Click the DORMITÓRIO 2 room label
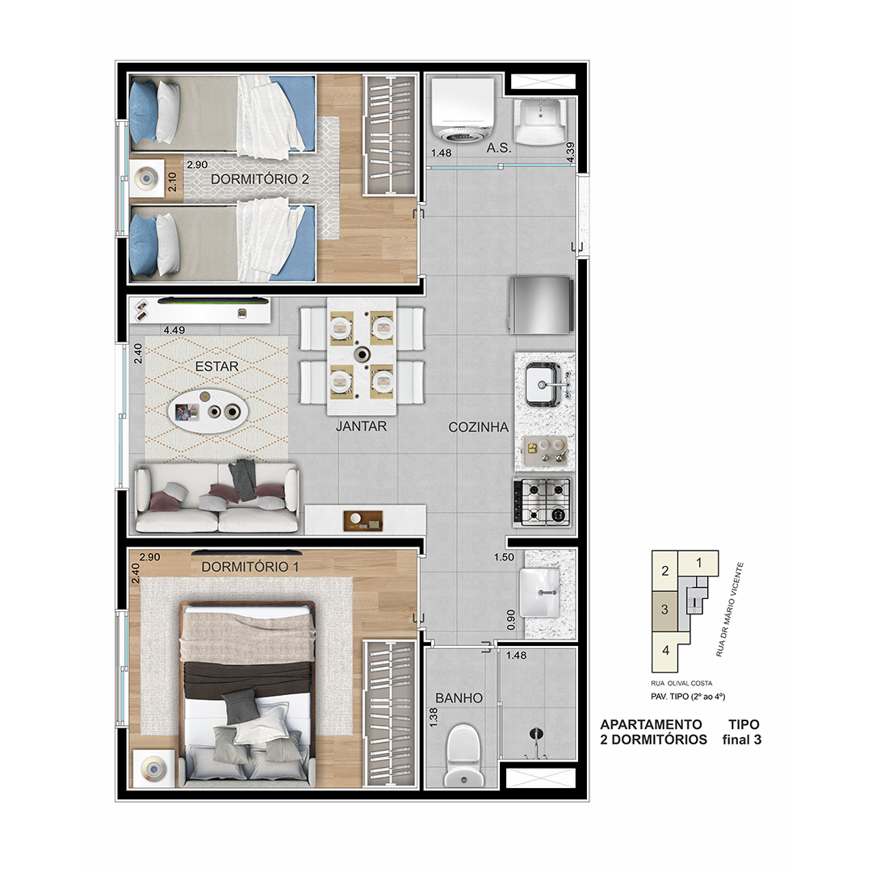click(x=260, y=179)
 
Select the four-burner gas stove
click(x=543, y=502)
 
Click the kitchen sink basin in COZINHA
click(x=543, y=384)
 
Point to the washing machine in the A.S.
click(x=462, y=110)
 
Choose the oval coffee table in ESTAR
click(x=208, y=411)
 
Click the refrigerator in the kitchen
click(x=540, y=304)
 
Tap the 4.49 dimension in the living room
click(x=174, y=329)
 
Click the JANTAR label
click(x=361, y=426)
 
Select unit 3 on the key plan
click(x=664, y=610)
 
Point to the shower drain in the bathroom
click(x=535, y=734)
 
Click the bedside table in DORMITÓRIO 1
click(x=153, y=768)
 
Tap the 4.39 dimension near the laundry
click(x=570, y=153)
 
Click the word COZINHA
click(x=478, y=427)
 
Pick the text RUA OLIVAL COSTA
click(x=681, y=683)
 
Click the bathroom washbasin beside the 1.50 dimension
click(x=539, y=593)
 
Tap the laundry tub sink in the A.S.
click(x=540, y=120)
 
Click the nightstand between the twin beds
click(x=146, y=178)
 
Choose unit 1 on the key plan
click(x=698, y=563)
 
